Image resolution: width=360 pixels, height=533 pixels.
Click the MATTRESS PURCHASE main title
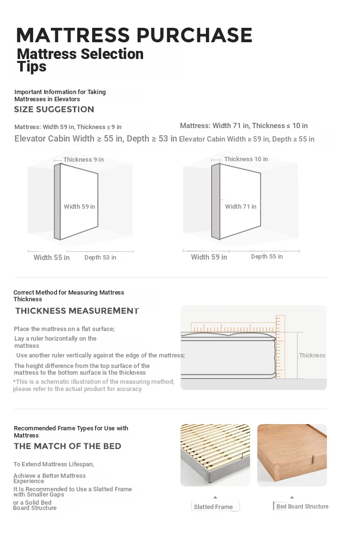coord(134,35)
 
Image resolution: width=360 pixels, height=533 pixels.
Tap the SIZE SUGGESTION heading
coord(54,109)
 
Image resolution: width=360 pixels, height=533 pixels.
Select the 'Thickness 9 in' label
coord(84,160)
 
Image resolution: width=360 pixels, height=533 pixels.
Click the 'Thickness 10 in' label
coord(246,159)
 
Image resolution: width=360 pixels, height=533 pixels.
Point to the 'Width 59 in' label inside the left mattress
coord(79,207)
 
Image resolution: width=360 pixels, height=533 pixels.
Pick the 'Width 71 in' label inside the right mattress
coord(240,207)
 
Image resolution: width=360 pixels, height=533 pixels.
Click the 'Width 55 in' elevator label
coord(51,258)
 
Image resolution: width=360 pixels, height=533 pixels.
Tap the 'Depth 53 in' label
coord(100,258)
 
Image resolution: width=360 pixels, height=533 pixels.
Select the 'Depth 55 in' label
coord(267,257)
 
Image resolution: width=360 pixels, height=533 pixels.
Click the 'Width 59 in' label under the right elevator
coord(209,257)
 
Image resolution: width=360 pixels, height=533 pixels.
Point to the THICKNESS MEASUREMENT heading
coord(77,311)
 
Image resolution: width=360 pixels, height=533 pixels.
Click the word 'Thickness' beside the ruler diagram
coord(312,355)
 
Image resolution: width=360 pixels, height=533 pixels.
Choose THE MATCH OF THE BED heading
coord(67,446)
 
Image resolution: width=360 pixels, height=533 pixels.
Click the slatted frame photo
coord(215,455)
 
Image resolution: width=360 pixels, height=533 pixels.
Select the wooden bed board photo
coord(292,455)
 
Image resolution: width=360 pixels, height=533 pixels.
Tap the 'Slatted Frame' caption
coord(213,507)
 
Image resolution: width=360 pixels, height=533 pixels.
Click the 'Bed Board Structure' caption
coord(302,506)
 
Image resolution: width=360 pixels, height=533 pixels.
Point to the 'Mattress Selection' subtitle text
coord(80,54)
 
